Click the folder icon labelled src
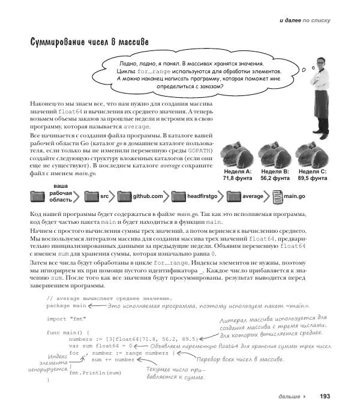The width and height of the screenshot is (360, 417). click(x=92, y=196)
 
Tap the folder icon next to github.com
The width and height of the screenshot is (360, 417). click(x=124, y=196)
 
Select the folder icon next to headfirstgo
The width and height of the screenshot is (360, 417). click(x=179, y=196)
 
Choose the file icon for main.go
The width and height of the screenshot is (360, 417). click(x=278, y=196)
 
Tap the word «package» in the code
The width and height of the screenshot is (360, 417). click(x=58, y=305)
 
